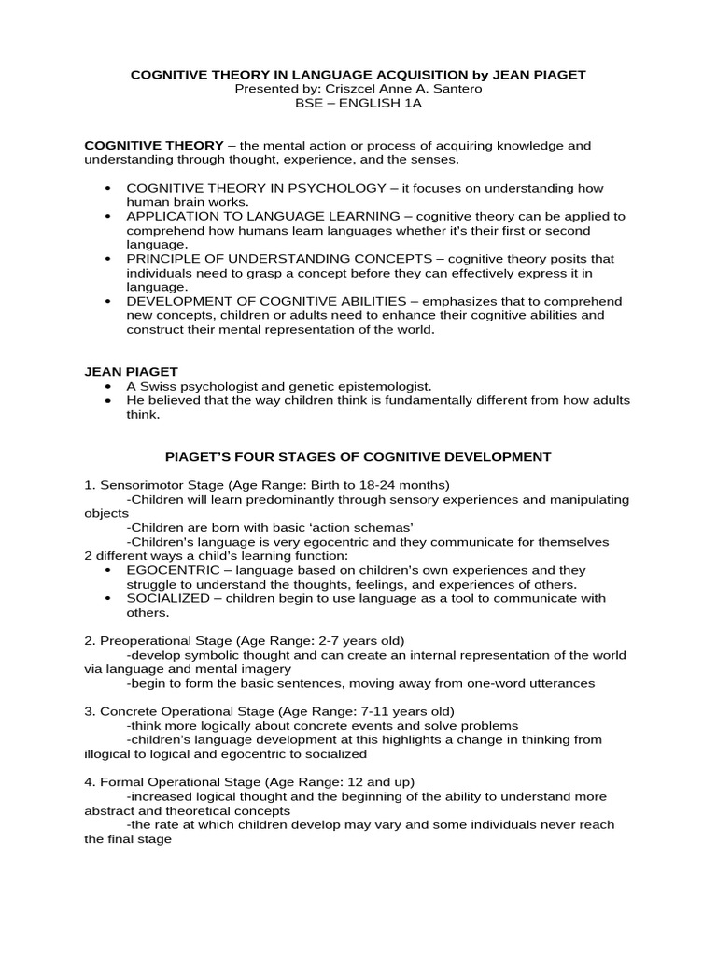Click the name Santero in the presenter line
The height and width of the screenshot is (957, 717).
[456, 88]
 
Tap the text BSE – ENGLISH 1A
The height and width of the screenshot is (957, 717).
[358, 103]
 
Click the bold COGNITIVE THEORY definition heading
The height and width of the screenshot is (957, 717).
[154, 146]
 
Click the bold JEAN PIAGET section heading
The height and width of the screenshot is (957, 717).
[131, 372]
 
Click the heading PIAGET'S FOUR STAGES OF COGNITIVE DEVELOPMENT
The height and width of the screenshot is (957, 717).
[358, 457]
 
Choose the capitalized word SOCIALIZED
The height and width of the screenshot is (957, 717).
[162, 598]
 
